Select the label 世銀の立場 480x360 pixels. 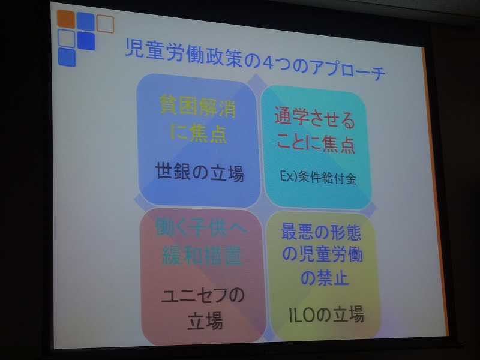coord(200,172)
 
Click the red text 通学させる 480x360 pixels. coord(314,118)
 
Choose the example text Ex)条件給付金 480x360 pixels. coord(318,177)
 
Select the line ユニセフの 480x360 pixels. coord(203,296)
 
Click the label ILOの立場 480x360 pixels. coord(326,314)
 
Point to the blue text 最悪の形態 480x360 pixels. coord(321,232)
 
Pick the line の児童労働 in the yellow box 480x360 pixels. coord(322,254)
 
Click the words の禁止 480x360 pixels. coord(325,277)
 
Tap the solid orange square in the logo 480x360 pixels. coord(66,19)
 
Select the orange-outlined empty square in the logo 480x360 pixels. coord(105,24)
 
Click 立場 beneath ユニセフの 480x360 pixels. coord(205,320)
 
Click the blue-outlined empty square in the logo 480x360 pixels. coord(66,38)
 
